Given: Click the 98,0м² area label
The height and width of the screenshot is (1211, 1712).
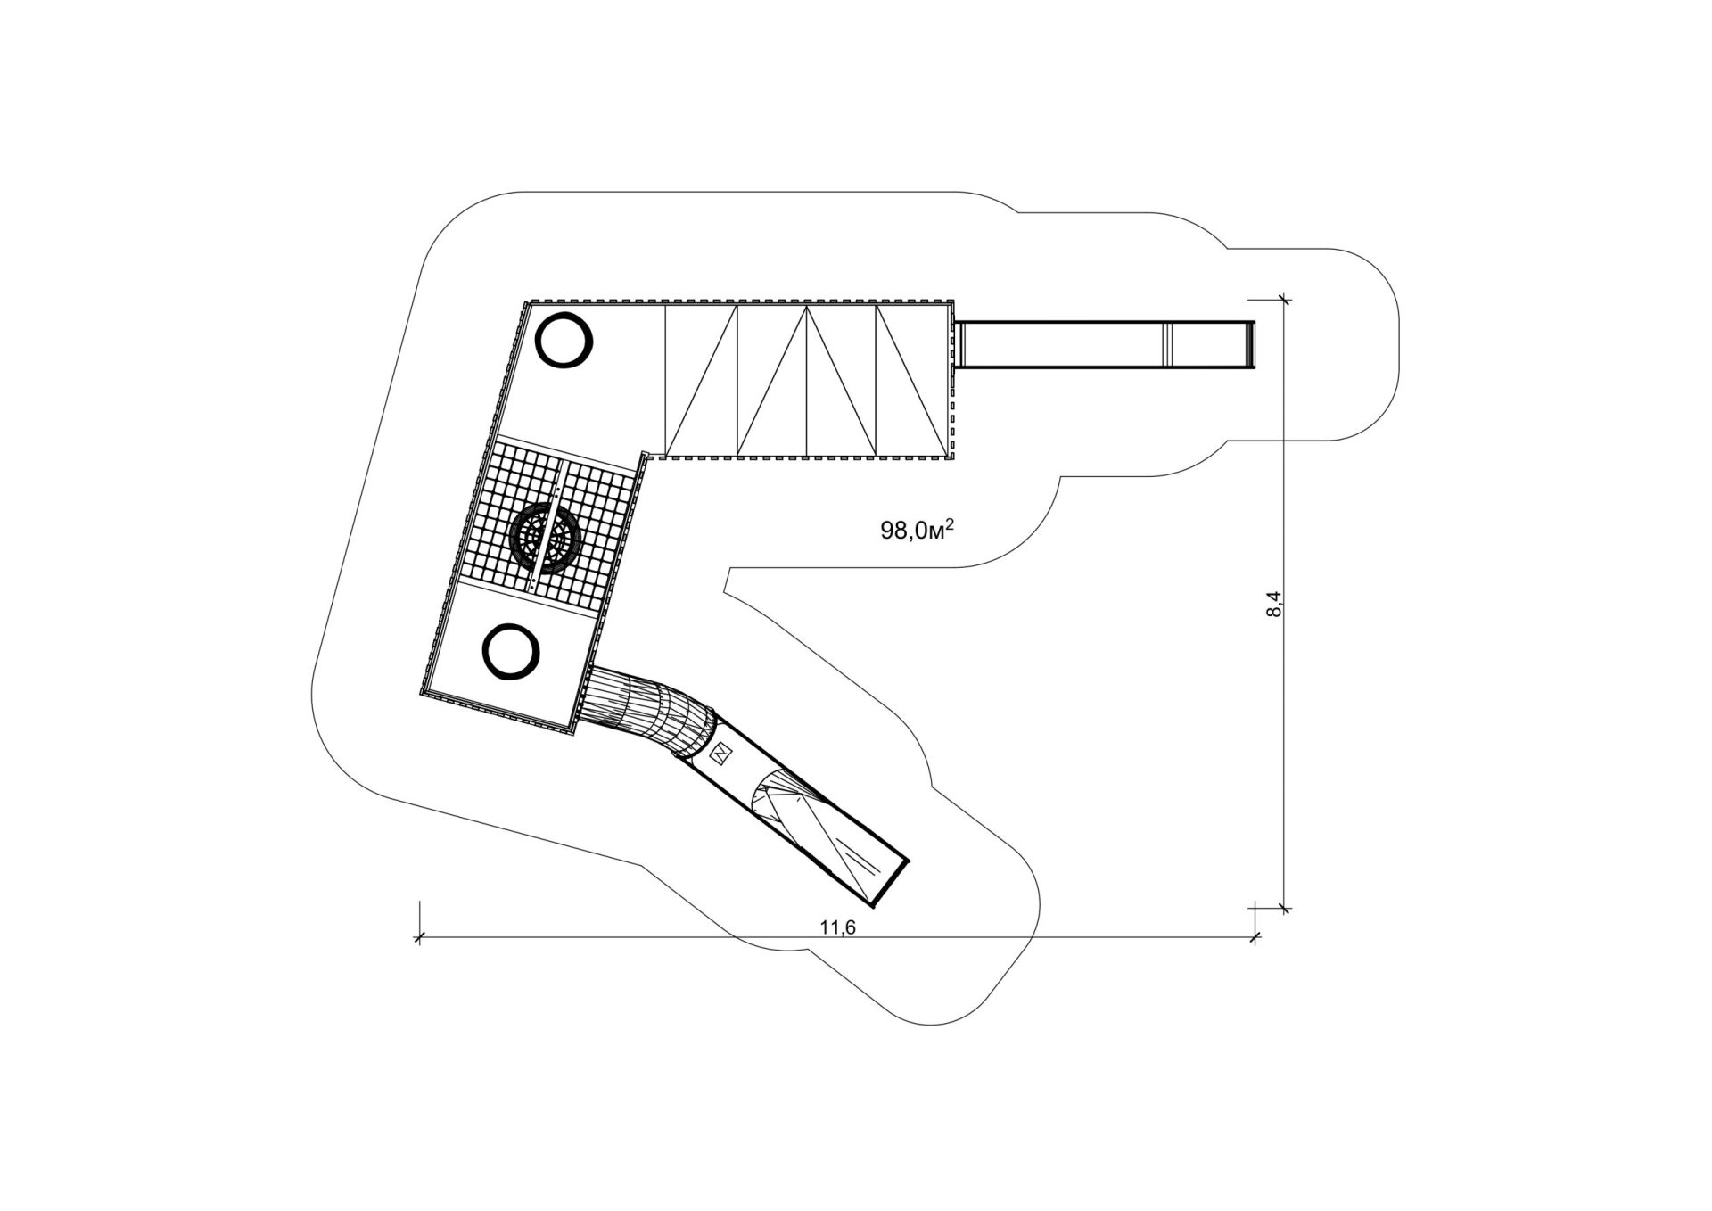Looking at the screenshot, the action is [x=918, y=530].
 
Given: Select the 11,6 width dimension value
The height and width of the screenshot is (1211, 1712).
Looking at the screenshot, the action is [x=837, y=927].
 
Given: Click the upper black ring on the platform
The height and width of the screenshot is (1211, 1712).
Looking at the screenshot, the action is [x=564, y=340].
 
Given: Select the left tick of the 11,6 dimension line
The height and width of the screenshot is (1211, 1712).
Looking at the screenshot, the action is [x=418, y=937].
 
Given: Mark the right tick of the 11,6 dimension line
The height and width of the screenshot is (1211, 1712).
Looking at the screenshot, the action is [x=1255, y=937].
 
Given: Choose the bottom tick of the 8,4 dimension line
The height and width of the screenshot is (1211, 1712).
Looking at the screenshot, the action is [x=1285, y=909].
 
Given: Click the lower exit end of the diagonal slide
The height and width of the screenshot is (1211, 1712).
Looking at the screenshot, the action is [x=892, y=884].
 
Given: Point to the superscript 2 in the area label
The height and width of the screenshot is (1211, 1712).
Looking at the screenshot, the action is [x=951, y=523].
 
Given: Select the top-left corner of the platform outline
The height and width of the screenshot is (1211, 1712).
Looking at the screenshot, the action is [x=526, y=302].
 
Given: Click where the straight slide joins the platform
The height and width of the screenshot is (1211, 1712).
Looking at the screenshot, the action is [x=957, y=343].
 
